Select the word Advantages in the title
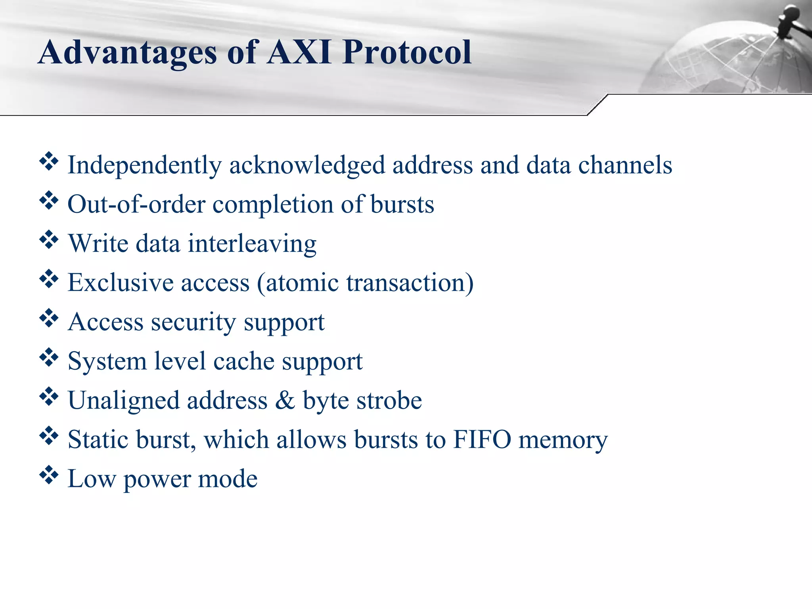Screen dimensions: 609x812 click(x=127, y=53)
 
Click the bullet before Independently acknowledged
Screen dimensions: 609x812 click(x=49, y=162)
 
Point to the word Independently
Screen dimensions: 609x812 click(x=144, y=165)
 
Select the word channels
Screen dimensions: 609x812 click(x=625, y=165)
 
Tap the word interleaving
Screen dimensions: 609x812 click(x=252, y=244)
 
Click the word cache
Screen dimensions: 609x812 click(x=243, y=361)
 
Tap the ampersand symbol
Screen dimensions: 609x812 click(x=285, y=400)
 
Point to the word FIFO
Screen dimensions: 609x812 click(x=482, y=439)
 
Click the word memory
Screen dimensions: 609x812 click(x=563, y=440)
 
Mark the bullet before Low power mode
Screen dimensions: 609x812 click(x=49, y=475)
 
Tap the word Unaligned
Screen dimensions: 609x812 click(x=123, y=401)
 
